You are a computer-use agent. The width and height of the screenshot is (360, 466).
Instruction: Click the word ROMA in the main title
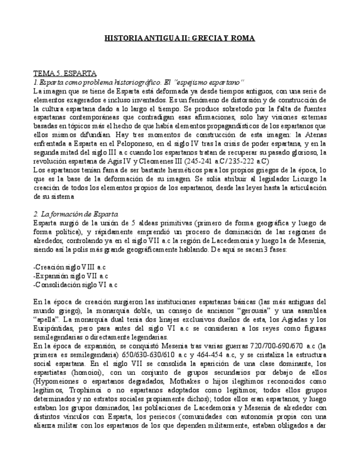click(242, 38)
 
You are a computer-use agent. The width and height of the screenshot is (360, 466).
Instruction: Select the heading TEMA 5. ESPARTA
click(65, 73)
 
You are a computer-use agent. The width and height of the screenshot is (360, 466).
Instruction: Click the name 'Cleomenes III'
click(156, 162)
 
